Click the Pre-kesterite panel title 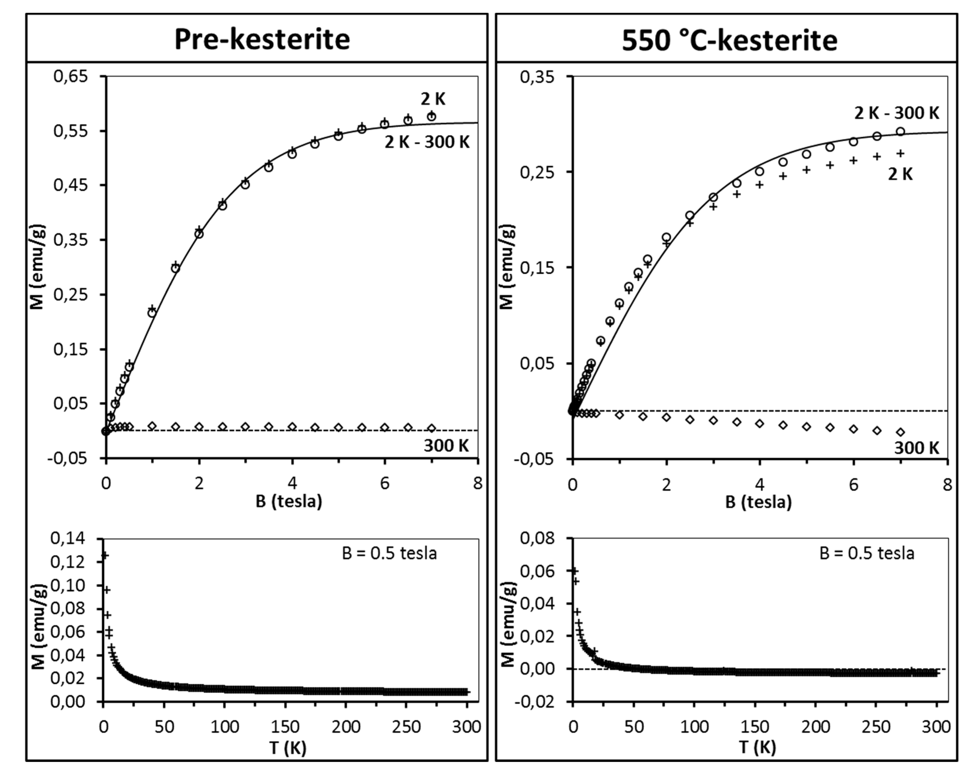coord(262,39)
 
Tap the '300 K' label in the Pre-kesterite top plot coord(446,446)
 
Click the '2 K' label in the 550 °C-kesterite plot coord(900,174)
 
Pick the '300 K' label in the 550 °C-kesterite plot coord(917,448)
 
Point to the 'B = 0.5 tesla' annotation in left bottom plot coord(389,553)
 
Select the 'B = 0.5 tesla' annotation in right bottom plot coord(866,553)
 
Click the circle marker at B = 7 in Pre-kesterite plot coord(432,117)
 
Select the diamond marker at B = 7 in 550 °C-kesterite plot coord(900,432)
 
